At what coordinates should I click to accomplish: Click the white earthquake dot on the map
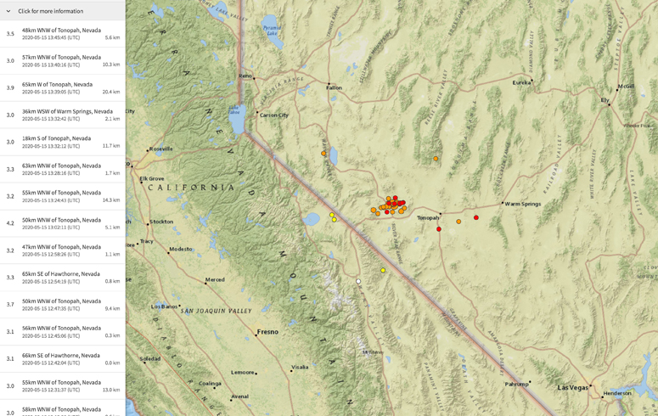[x=359, y=282]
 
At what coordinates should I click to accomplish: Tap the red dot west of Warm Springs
[x=476, y=218]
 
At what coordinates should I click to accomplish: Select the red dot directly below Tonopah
[x=439, y=229]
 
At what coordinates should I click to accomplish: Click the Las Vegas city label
[x=573, y=388]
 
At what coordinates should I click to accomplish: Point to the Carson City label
[x=274, y=115]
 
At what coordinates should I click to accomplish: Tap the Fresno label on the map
[x=267, y=332]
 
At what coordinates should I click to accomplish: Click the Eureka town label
[x=521, y=82]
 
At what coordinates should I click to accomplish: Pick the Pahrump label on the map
[x=517, y=384]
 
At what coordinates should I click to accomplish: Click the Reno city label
[x=245, y=76]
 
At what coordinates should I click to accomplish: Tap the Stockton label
[x=161, y=222]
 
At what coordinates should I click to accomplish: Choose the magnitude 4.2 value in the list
[x=10, y=223]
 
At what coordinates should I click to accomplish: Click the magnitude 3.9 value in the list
[x=10, y=87]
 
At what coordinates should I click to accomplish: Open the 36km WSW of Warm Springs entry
[x=67, y=111]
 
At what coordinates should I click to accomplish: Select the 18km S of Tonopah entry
[x=56, y=138]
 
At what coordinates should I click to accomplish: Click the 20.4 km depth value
[x=111, y=92]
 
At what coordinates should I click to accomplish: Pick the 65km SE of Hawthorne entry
[x=60, y=274]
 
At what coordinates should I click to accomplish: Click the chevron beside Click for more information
[x=8, y=11]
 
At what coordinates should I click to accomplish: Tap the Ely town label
[x=605, y=100]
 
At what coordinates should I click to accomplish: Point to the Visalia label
[x=300, y=368]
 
